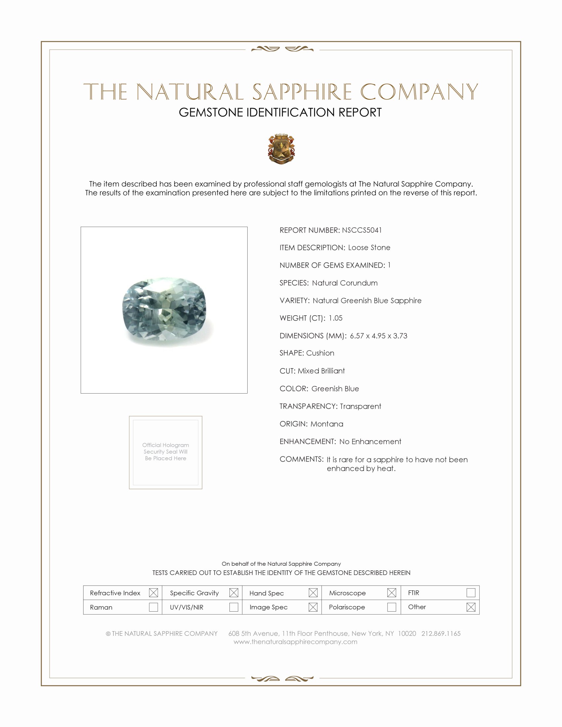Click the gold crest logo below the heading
click(281, 149)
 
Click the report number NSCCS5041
click(362, 230)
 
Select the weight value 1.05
click(335, 318)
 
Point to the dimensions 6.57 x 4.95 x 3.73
click(378, 335)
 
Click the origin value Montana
click(327, 424)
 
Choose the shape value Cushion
click(320, 353)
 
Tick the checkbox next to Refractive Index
click(153, 593)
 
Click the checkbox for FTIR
click(471, 593)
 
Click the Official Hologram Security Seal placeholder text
click(166, 451)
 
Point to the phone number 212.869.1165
click(441, 633)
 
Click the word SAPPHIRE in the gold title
click(302, 92)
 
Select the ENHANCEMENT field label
click(308, 441)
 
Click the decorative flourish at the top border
click(282, 49)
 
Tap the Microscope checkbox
click(391, 593)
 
